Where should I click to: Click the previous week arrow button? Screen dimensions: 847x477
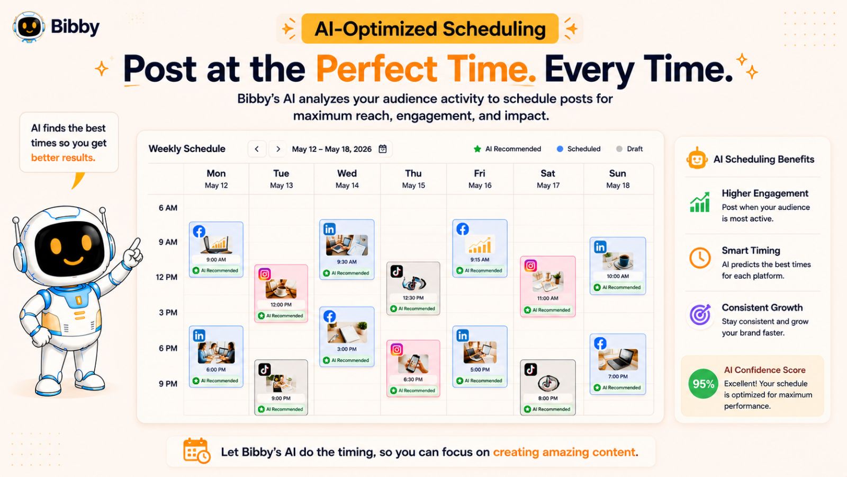[x=257, y=149]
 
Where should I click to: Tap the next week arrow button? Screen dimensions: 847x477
[x=278, y=149]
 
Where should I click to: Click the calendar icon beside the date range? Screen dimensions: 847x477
[x=383, y=149]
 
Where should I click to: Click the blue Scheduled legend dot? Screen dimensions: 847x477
[x=560, y=149]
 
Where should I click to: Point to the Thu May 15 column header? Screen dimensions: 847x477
[x=413, y=179]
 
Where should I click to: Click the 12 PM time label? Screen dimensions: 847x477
[x=166, y=277]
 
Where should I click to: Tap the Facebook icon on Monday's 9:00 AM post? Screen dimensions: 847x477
[x=199, y=231]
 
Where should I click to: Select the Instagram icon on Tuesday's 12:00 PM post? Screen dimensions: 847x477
[x=265, y=273]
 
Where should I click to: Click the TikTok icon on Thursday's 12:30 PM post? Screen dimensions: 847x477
[x=397, y=271]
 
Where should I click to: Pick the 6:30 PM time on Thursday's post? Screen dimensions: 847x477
[x=413, y=379]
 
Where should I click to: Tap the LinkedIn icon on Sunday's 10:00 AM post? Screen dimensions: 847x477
[x=600, y=247]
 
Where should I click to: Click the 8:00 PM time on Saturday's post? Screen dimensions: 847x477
[x=548, y=398]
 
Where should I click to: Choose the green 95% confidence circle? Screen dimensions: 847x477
[x=703, y=384]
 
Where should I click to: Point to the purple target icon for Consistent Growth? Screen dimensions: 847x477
[x=700, y=315]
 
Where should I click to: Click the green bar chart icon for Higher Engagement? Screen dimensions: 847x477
[x=700, y=202]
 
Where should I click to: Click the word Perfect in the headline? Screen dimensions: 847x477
[x=376, y=69]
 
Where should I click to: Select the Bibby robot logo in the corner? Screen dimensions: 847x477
[x=29, y=26]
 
